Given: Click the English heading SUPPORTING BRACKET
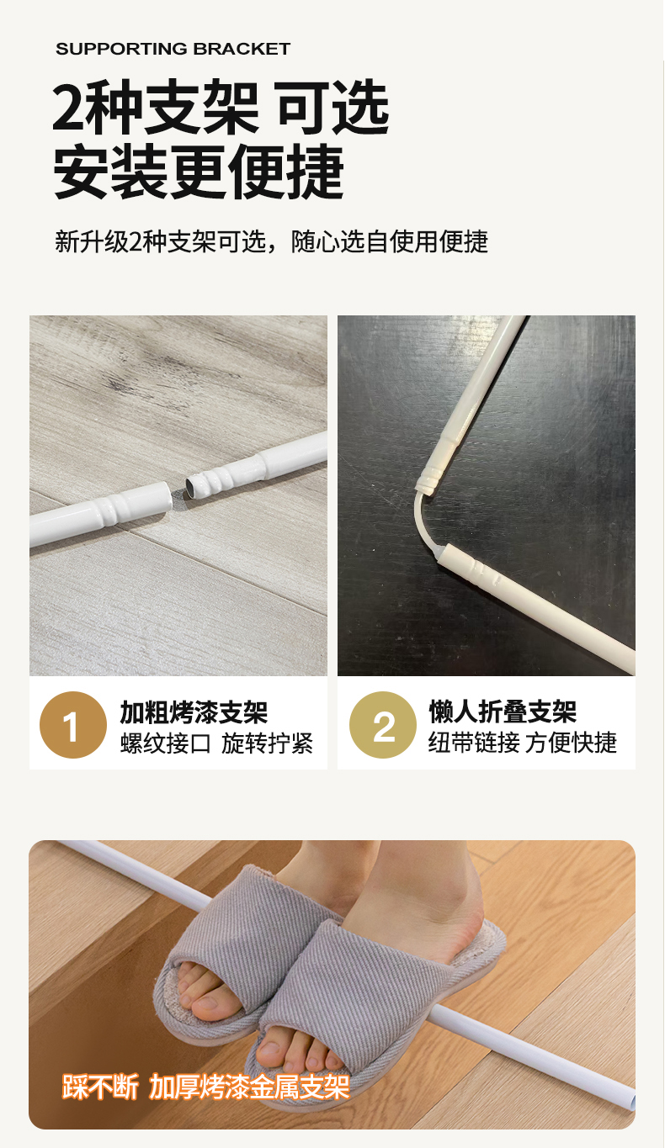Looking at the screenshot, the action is pos(173,49).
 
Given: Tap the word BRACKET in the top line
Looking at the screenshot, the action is pos(242,49).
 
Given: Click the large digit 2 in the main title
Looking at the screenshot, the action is pos(69,108).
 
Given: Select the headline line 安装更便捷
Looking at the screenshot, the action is pos(199,172).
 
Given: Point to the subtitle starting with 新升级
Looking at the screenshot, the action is pos(271,241).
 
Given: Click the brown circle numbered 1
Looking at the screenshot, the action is pos(73,725).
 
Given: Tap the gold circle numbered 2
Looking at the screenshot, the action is pos(383,725).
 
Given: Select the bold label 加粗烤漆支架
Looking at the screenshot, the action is pos(194,712).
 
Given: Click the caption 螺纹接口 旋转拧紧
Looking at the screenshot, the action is pos(216,743).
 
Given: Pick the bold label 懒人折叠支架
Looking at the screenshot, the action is pos(503,711).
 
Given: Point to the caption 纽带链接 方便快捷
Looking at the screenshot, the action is pos(523,743).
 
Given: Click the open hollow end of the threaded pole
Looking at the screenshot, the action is pos(190,488).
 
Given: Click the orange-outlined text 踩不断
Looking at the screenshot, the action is pos(100,1087).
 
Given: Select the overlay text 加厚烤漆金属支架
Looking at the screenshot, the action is pos(249,1087).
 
